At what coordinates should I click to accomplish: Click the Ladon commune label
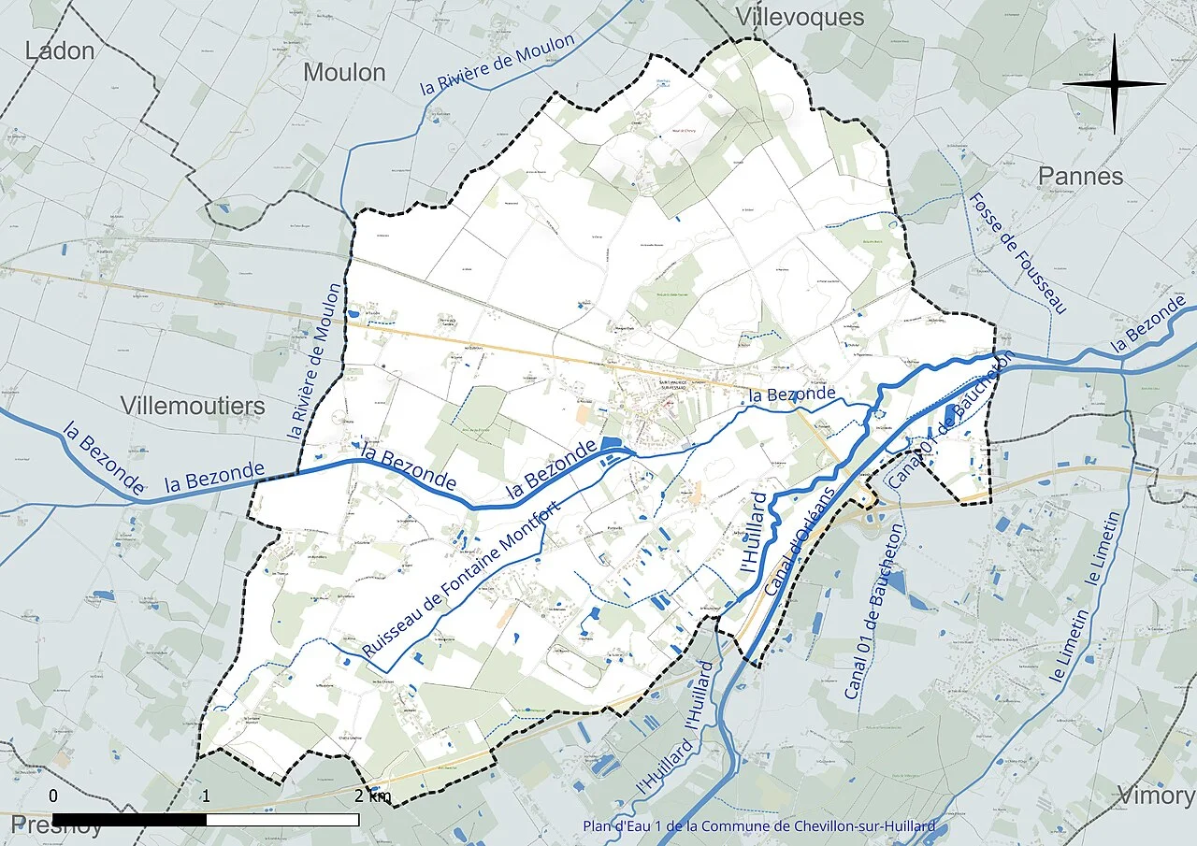click(x=60, y=50)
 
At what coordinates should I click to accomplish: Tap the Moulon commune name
click(x=344, y=72)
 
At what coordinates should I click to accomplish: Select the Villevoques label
click(x=800, y=17)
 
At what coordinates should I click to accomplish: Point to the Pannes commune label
click(x=1080, y=176)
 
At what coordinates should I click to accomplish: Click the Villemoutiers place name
click(x=193, y=406)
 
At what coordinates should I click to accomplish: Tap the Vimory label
click(x=1156, y=796)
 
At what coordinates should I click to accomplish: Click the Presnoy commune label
click(x=57, y=824)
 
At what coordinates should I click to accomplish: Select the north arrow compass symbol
click(x=1114, y=85)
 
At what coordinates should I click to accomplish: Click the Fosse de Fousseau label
click(x=1017, y=253)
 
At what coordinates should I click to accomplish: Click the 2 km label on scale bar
click(x=372, y=796)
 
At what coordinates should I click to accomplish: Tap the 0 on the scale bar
click(x=53, y=796)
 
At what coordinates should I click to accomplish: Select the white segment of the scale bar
click(x=282, y=820)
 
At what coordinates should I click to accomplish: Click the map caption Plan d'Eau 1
click(x=758, y=826)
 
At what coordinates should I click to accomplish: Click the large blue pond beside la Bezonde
click(x=611, y=444)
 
